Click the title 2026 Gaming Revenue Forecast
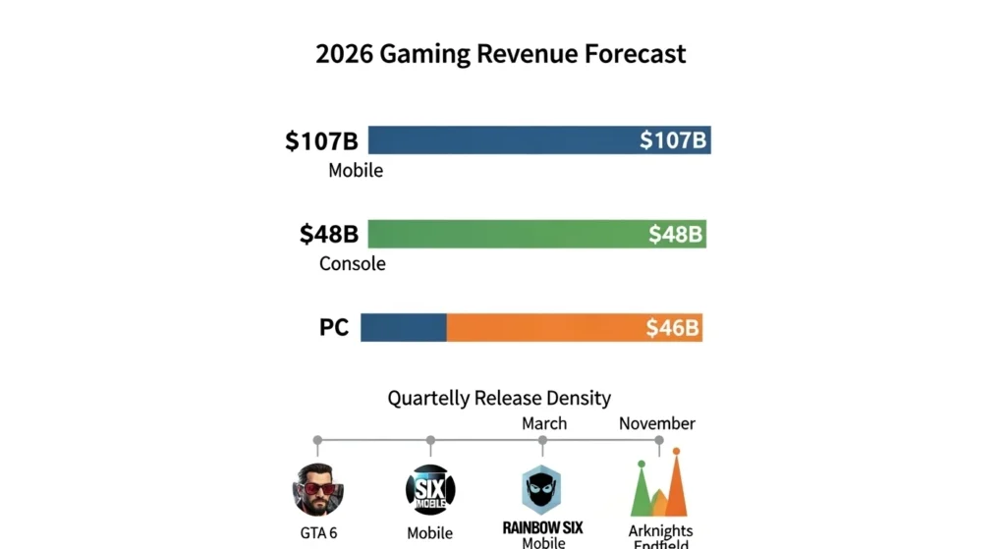[x=500, y=53]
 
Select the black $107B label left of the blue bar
[x=321, y=140]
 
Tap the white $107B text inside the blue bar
[x=673, y=140]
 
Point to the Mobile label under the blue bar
[x=356, y=171]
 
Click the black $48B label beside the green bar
[x=329, y=235]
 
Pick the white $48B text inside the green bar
[x=676, y=235]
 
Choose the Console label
[x=353, y=264]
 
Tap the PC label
[x=334, y=328]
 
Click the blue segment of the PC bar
[x=404, y=328]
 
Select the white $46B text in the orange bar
[x=673, y=328]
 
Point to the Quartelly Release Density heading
[x=499, y=398]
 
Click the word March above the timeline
[x=544, y=423]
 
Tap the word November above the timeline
[x=657, y=423]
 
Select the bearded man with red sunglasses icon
[x=317, y=489]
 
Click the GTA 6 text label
[x=317, y=534]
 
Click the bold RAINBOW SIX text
[x=543, y=527]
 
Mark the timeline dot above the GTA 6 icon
[x=317, y=440]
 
